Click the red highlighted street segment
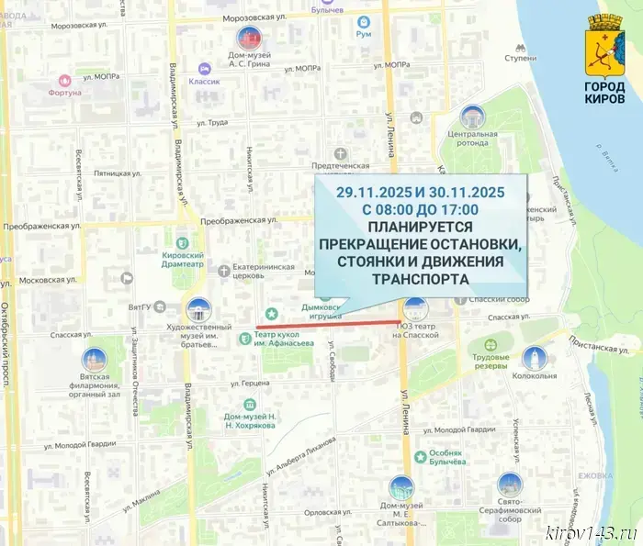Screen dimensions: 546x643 (x=327, y=325)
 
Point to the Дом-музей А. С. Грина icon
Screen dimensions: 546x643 (x=248, y=38)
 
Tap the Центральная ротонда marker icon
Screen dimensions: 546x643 (x=472, y=117)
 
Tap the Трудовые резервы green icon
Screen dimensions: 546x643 (x=490, y=345)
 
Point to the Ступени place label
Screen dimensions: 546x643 (x=519, y=58)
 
